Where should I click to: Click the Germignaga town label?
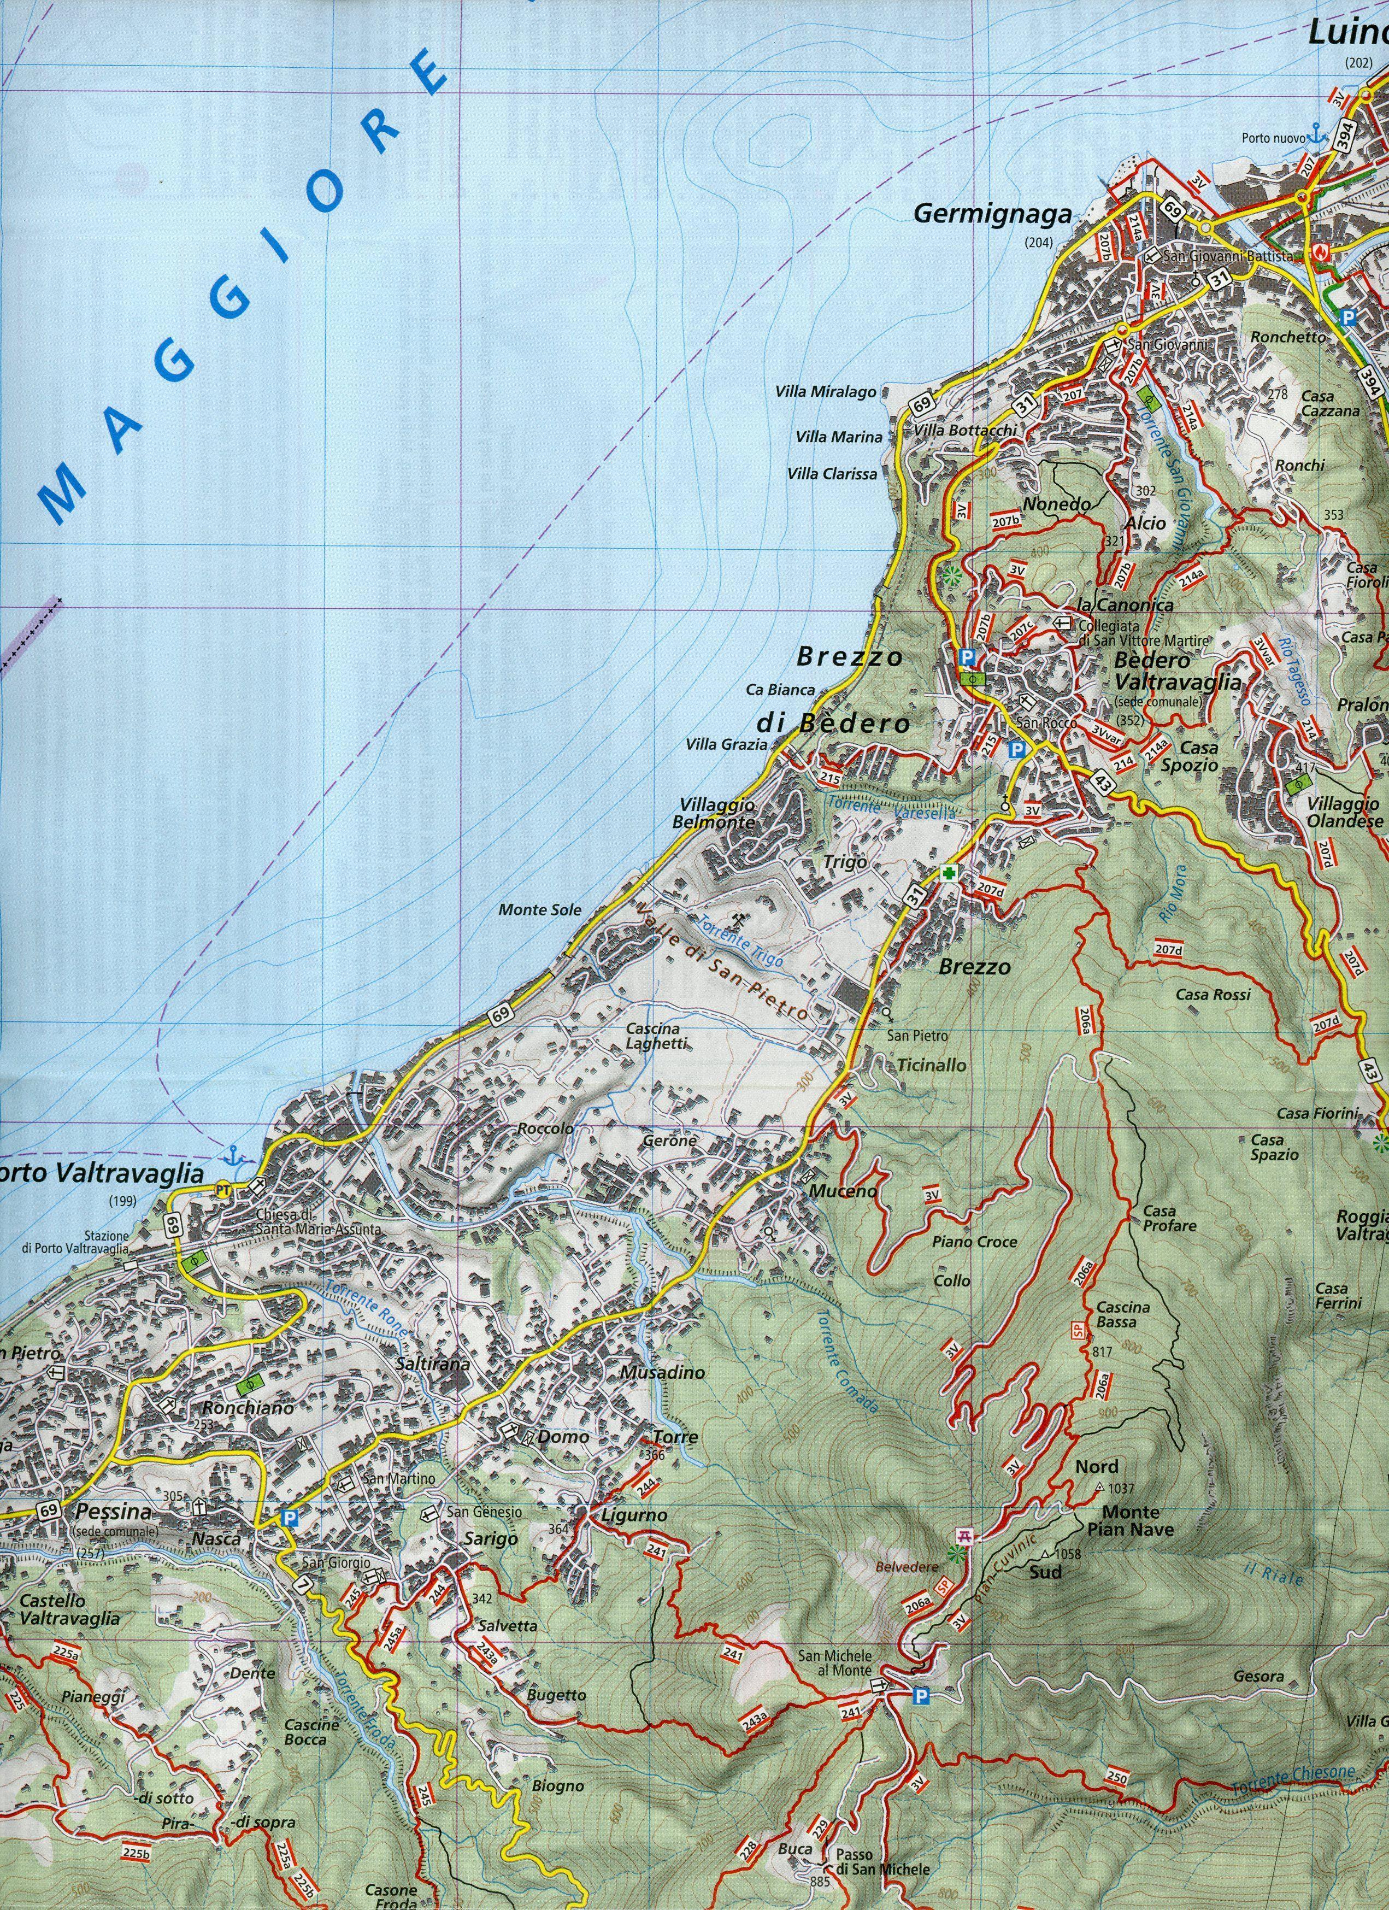point(993,215)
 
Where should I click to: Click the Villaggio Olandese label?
point(1344,812)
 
